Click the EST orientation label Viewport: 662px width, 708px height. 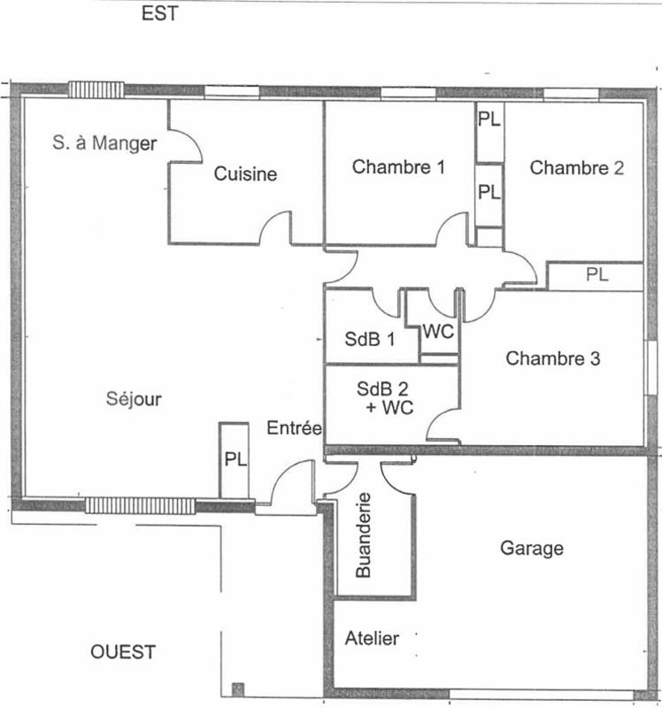(x=160, y=14)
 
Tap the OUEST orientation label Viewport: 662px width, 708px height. (x=124, y=652)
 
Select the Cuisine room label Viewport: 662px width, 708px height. (x=245, y=174)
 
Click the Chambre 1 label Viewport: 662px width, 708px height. (x=398, y=166)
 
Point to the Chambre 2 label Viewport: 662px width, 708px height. (x=577, y=168)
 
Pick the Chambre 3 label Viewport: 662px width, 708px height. (x=553, y=358)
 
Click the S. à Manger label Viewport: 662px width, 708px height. (x=104, y=143)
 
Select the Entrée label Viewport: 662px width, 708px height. (x=293, y=429)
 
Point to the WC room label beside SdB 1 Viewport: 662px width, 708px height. (x=439, y=332)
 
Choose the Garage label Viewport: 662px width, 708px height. (x=532, y=548)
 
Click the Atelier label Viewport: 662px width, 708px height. (x=372, y=638)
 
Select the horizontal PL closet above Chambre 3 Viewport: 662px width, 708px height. (x=597, y=275)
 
